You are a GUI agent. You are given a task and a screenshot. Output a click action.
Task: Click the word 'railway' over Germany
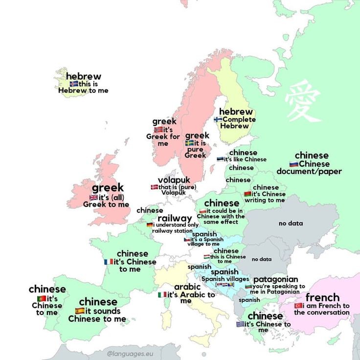174,218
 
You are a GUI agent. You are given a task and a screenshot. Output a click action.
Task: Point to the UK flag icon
94,198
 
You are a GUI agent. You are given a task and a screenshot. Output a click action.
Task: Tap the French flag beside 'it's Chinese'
108,262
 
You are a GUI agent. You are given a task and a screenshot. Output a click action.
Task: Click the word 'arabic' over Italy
187,287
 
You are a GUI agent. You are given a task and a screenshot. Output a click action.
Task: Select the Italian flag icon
162,295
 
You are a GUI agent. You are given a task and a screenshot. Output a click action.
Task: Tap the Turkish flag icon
298,306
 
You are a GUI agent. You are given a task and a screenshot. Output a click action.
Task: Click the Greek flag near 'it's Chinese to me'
240,324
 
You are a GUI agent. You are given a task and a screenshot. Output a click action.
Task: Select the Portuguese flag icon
41,298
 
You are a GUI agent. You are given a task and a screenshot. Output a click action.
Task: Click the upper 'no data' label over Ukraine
291,224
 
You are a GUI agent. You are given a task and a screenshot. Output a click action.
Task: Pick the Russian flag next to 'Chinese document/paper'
293,164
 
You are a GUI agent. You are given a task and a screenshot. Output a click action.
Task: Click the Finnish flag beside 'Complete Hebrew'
218,119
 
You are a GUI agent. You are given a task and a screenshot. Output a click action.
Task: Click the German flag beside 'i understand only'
150,225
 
